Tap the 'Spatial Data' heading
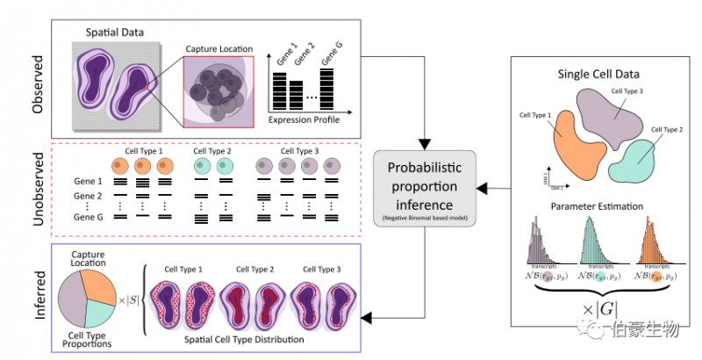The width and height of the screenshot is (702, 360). tap(115, 33)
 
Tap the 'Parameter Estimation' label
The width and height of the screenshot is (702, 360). tap(597, 207)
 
